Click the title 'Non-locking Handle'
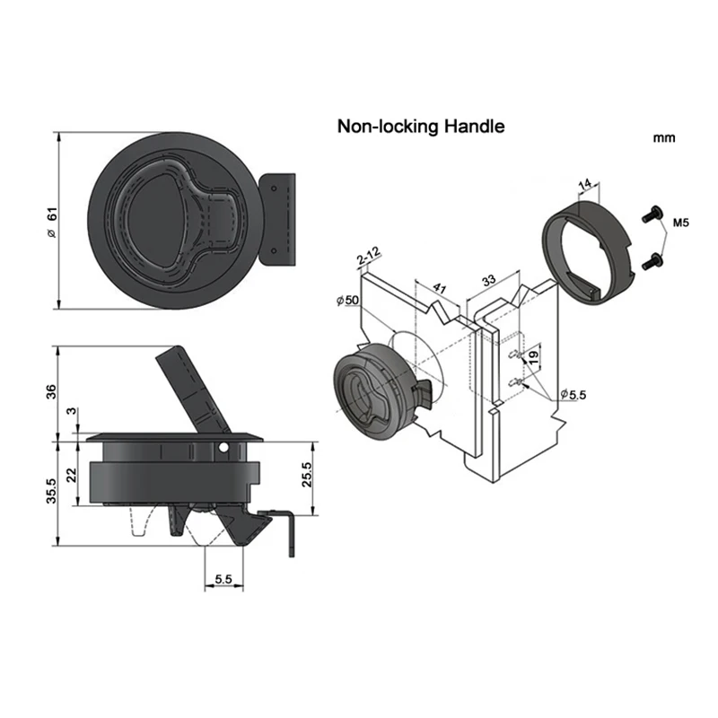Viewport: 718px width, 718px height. (x=421, y=127)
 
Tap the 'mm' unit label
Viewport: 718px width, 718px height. (x=664, y=138)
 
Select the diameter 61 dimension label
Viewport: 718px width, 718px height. (x=53, y=222)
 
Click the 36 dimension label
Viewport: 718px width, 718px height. (x=51, y=391)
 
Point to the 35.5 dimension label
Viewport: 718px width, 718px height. (x=51, y=491)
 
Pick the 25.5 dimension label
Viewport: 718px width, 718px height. (x=307, y=474)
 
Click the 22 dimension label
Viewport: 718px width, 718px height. (x=72, y=475)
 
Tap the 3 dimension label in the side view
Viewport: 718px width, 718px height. (x=72, y=411)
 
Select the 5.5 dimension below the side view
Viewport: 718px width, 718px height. (x=223, y=579)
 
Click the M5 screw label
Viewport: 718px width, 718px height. (x=680, y=223)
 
